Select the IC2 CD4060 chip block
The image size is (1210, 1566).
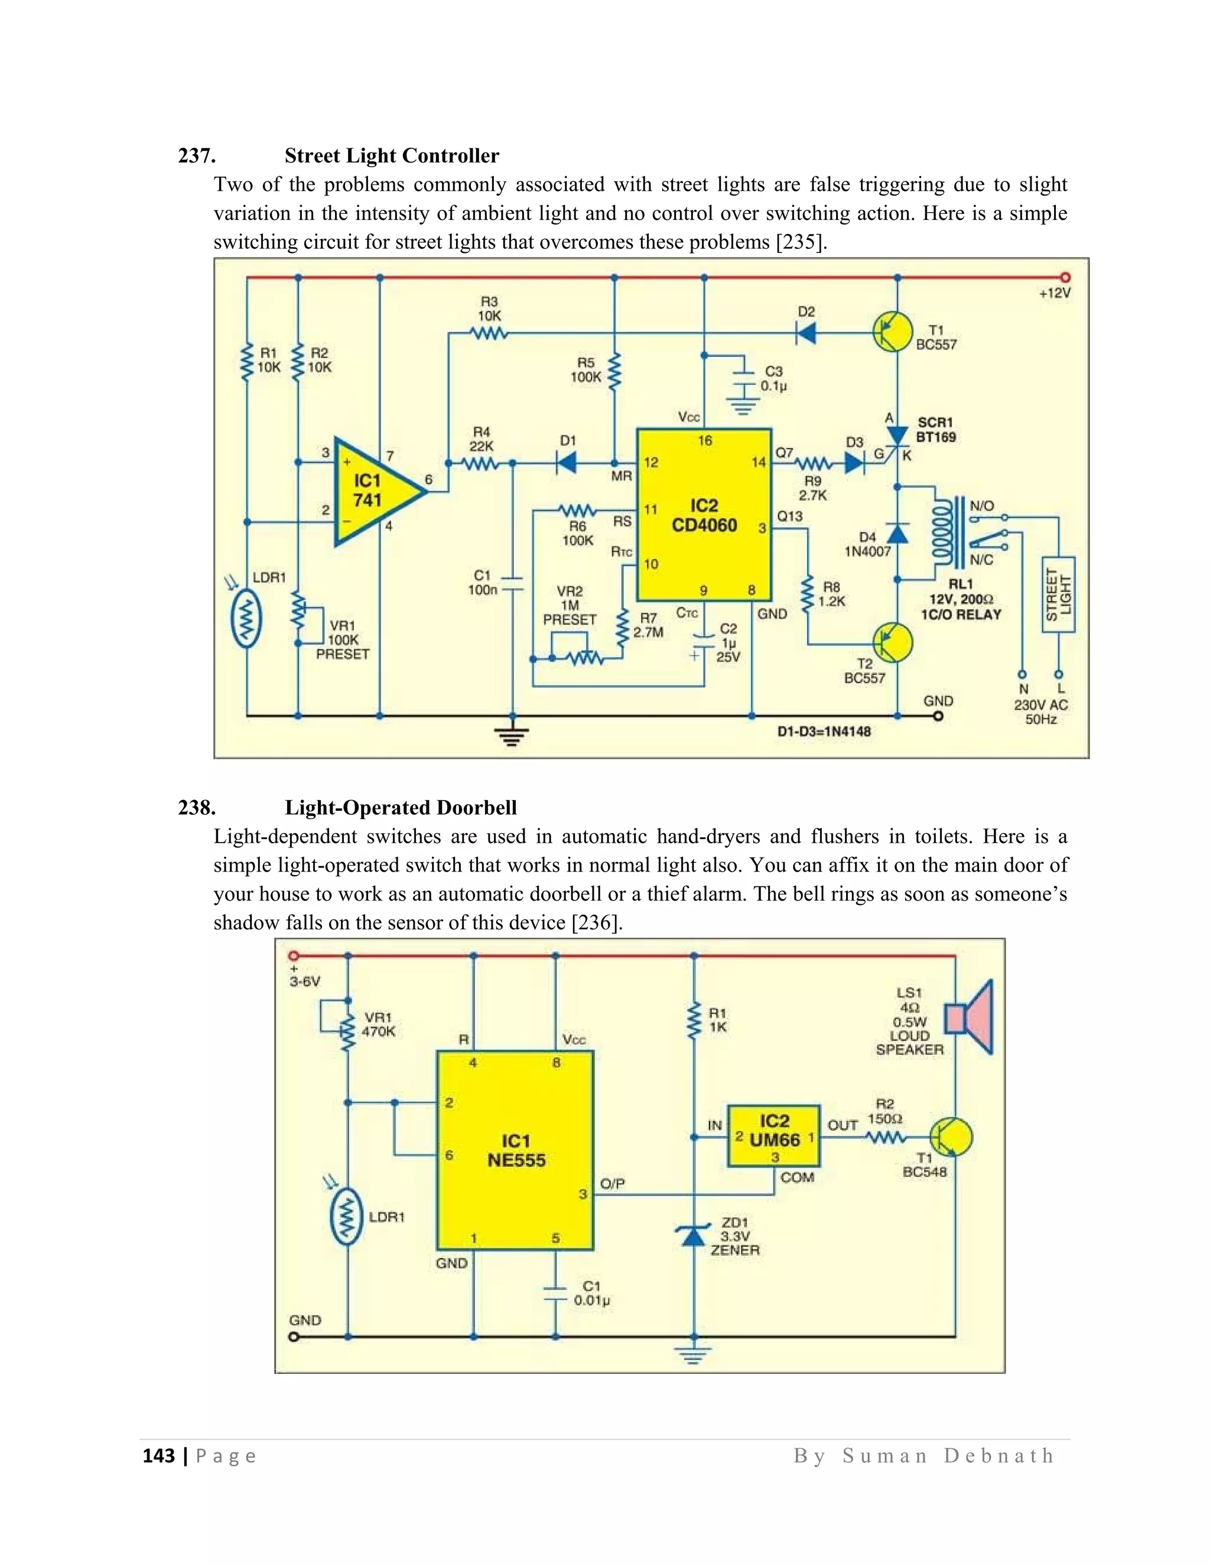pyautogui.click(x=704, y=515)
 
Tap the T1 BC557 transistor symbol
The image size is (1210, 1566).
pyautogui.click(x=893, y=332)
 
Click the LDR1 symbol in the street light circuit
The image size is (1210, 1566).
pyautogui.click(x=246, y=618)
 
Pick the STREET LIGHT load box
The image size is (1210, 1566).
pyautogui.click(x=1059, y=594)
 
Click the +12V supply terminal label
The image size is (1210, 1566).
pyautogui.click(x=1055, y=293)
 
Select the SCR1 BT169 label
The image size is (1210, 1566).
pyautogui.click(x=936, y=430)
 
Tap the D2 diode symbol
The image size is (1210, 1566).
pyautogui.click(x=806, y=333)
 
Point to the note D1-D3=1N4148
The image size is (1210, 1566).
pyautogui.click(x=824, y=732)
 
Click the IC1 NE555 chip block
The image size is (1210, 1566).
pyautogui.click(x=515, y=1150)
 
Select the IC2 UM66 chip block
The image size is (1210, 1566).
pyautogui.click(x=773, y=1136)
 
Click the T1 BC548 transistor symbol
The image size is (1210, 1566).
pyautogui.click(x=951, y=1136)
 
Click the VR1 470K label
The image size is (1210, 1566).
pyautogui.click(x=379, y=1024)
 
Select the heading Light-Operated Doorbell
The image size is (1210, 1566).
pyautogui.click(x=401, y=807)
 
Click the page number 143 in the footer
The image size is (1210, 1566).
pyautogui.click(x=158, y=1455)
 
